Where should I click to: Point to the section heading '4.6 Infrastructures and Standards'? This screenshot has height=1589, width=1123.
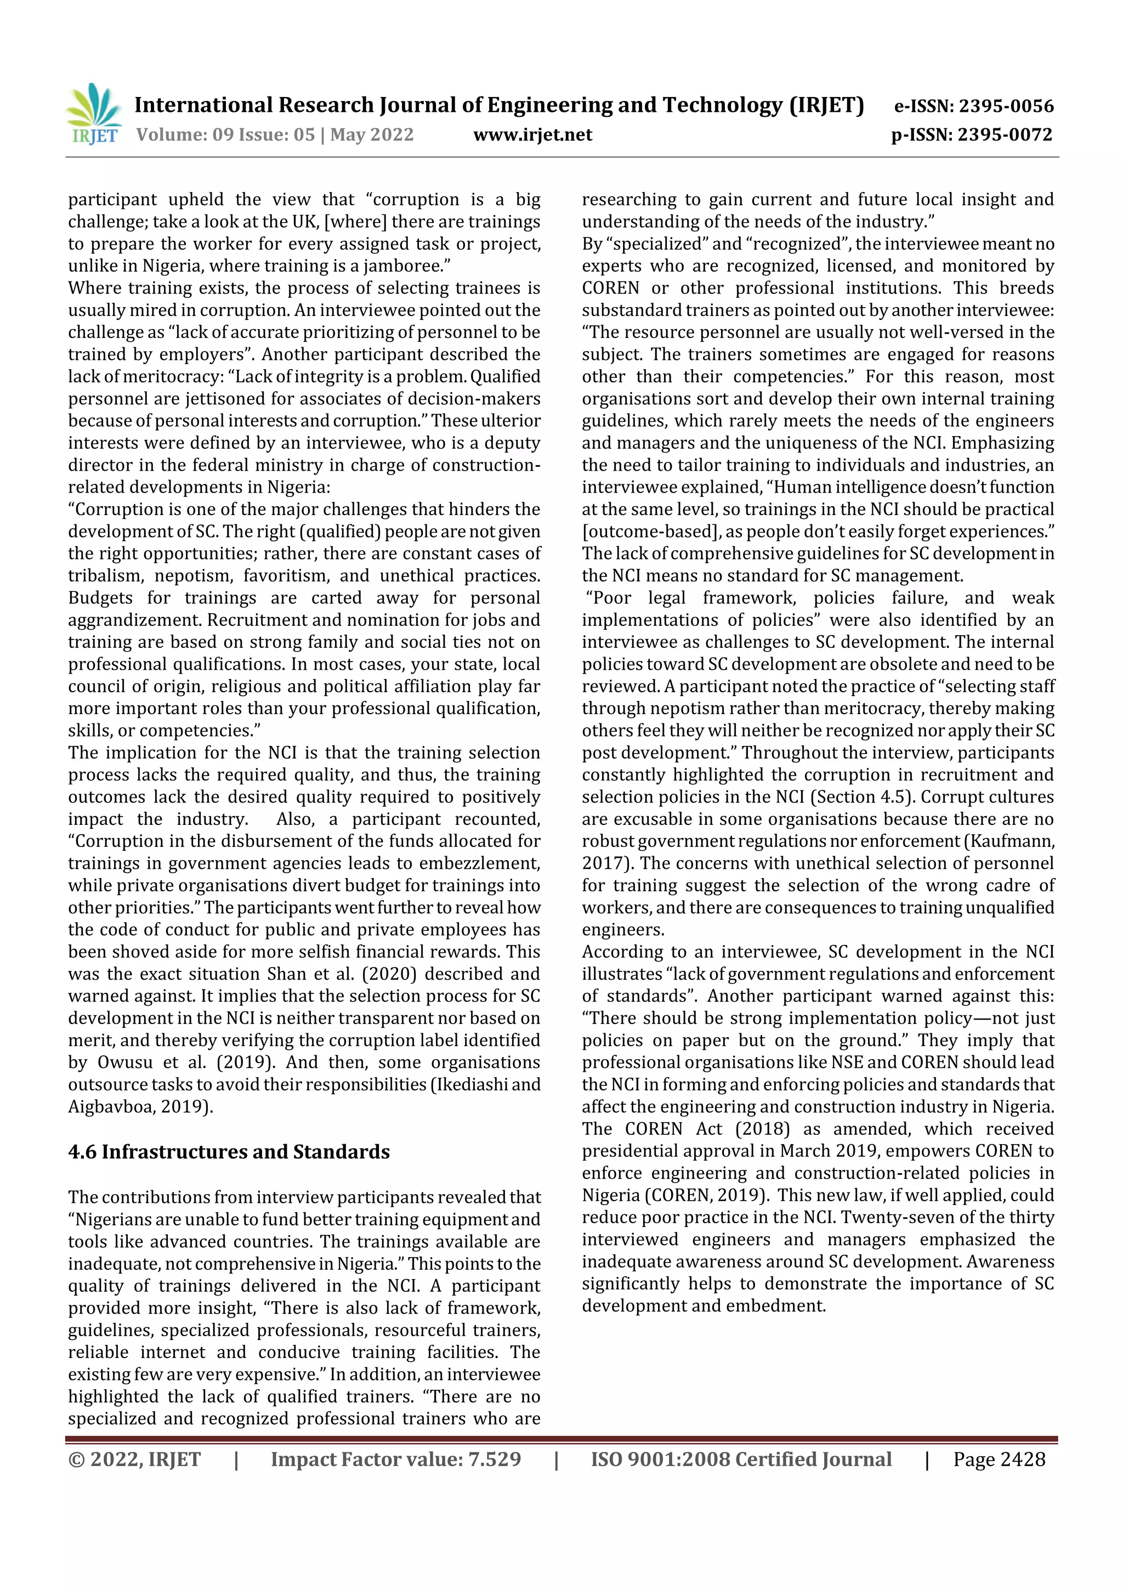tap(229, 1152)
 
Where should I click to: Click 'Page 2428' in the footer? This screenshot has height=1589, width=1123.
tap(999, 1459)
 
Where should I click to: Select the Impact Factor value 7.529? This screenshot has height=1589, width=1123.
tap(494, 1459)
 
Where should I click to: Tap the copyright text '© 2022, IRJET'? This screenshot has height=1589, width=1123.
tap(134, 1459)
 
